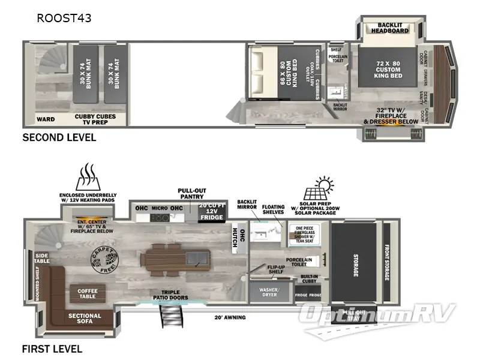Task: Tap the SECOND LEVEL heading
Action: [59, 137]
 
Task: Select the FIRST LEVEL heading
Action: [52, 349]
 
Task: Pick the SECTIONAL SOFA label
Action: [85, 319]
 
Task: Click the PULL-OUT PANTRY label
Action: [192, 194]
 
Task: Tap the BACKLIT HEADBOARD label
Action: [389, 28]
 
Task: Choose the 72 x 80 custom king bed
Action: [388, 67]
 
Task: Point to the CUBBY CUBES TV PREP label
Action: [95, 119]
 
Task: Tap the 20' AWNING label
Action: [230, 317]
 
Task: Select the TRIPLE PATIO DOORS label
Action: [171, 295]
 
